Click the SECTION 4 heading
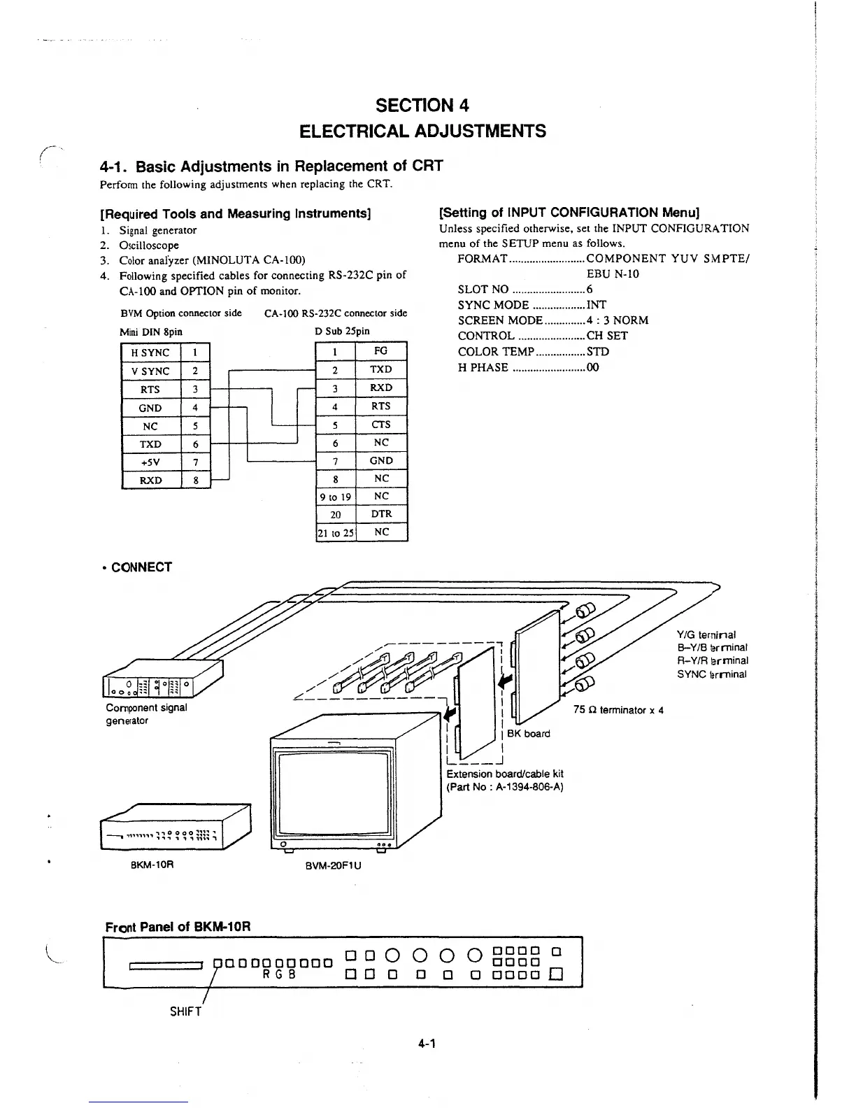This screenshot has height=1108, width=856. pyautogui.click(x=422, y=106)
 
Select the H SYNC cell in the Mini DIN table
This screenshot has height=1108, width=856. pyautogui.click(x=150, y=353)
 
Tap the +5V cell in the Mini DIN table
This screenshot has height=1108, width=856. pyautogui.click(x=150, y=462)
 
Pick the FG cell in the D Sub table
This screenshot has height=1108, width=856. pyautogui.click(x=380, y=350)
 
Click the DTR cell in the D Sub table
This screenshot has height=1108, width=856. pyautogui.click(x=380, y=514)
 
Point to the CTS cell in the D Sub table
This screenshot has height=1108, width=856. pyautogui.click(x=380, y=425)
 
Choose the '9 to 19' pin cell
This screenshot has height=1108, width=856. pyautogui.click(x=336, y=497)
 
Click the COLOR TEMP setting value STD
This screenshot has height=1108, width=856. pyautogui.click(x=598, y=352)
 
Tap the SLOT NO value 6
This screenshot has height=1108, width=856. pyautogui.click(x=590, y=290)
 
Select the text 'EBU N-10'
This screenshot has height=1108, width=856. pyautogui.click(x=613, y=274)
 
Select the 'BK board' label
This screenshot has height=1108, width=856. pyautogui.click(x=528, y=734)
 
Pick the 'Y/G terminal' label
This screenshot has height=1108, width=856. pyautogui.click(x=706, y=634)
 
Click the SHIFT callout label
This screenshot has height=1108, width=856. pyautogui.click(x=185, y=1011)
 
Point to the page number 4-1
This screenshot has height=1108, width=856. pyautogui.click(x=427, y=1044)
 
